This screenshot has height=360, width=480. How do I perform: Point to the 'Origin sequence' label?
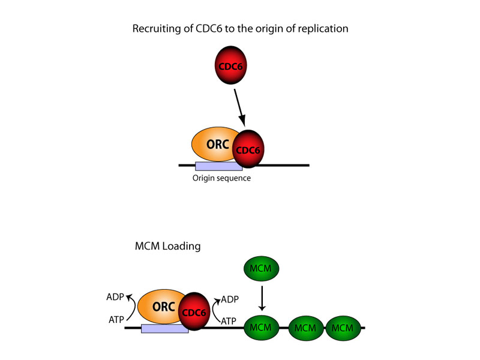221,178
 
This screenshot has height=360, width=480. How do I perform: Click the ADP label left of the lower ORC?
115,296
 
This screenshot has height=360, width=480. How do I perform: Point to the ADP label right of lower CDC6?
230,298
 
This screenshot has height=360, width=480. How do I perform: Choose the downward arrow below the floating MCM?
260,297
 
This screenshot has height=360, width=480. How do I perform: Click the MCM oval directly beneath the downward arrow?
260,328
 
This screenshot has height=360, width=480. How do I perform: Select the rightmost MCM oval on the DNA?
343,328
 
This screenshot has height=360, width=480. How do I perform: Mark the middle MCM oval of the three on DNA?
306,328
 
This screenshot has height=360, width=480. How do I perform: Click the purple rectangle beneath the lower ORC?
164,329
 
